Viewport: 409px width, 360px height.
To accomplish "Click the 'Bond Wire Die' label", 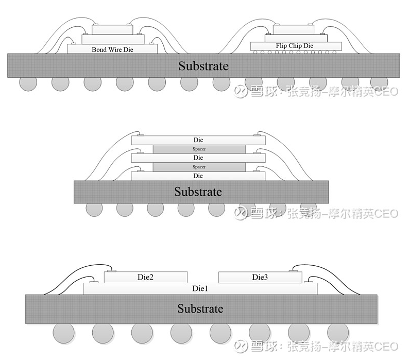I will (x=112, y=49).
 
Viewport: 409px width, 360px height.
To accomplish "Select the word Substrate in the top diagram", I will (x=203, y=66).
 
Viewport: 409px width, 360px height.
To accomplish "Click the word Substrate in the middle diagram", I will (x=198, y=192).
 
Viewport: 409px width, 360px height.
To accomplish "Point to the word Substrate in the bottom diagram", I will (x=200, y=309).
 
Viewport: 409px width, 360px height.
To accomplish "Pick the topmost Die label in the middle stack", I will (x=198, y=140).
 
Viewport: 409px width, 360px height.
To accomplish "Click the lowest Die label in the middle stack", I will (x=198, y=176).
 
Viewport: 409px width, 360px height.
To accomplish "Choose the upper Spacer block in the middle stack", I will (x=199, y=149).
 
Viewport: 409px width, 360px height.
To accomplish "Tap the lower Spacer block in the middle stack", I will (x=199, y=167).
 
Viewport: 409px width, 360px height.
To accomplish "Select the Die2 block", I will (x=145, y=277).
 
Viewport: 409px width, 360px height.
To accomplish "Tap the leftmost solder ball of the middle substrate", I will (x=94, y=209).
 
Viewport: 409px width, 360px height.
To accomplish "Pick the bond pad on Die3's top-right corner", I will (x=296, y=270).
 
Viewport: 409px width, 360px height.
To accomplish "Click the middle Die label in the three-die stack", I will (x=198, y=158).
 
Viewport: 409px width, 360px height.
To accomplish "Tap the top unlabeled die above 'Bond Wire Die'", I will (x=111, y=29).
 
